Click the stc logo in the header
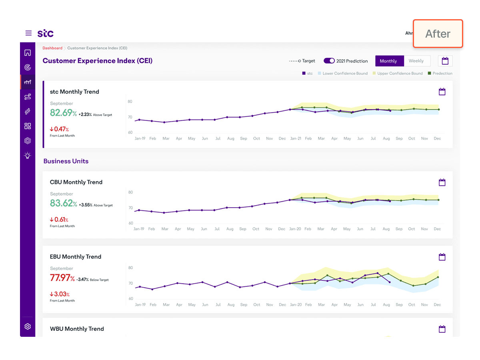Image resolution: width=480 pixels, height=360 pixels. click(46, 33)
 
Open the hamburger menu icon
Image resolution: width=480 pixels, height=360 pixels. click(28, 33)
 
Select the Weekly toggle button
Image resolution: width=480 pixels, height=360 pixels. click(416, 61)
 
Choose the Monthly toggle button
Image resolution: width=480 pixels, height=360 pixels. click(388, 61)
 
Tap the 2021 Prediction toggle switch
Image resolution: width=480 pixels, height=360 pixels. click(329, 61)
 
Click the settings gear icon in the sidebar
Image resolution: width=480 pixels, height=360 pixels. click(28, 326)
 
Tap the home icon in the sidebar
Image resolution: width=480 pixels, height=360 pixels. click(28, 53)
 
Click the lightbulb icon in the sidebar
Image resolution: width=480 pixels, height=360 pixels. click(28, 156)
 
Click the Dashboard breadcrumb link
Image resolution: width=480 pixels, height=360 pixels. click(52, 48)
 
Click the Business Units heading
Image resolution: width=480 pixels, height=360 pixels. click(66, 161)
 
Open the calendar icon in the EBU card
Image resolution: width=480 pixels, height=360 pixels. click(442, 257)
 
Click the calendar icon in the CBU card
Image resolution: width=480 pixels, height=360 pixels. click(442, 182)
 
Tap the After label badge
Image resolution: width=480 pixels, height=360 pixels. click(438, 34)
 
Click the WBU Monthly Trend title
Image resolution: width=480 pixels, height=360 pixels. click(77, 329)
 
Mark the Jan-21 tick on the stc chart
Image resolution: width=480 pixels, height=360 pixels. click(296, 138)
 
